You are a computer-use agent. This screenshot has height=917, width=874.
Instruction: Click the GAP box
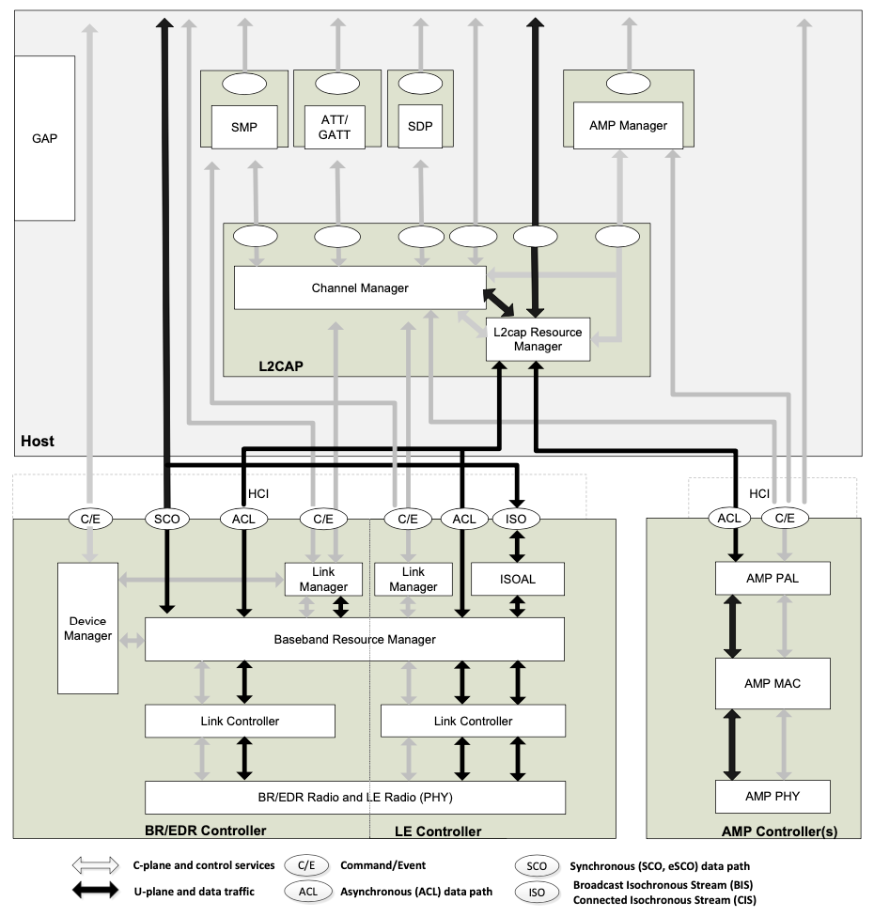tap(44, 138)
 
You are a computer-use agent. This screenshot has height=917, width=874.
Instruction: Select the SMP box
tap(243, 126)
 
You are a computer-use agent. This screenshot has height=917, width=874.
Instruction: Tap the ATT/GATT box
tap(335, 126)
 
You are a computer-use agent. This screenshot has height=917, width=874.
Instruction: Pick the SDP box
tap(420, 126)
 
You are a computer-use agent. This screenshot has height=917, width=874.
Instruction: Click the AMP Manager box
tap(628, 125)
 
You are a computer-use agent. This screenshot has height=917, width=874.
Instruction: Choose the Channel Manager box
tap(360, 288)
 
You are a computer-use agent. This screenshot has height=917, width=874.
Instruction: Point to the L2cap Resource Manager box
tap(538, 339)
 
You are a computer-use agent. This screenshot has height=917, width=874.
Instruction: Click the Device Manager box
tap(87, 628)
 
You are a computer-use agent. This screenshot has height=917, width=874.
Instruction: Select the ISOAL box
tap(517, 579)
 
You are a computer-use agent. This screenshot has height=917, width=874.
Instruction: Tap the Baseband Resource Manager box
tap(354, 639)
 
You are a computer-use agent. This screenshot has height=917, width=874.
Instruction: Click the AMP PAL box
tap(773, 578)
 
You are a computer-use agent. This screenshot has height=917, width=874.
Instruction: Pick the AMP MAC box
tap(773, 683)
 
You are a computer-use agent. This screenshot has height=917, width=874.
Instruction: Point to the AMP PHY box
tap(773, 796)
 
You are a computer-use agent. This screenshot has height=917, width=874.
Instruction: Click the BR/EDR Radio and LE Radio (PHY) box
tap(354, 797)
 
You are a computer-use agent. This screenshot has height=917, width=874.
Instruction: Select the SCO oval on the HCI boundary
tap(166, 519)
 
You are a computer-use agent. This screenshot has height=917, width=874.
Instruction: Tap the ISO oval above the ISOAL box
tap(517, 519)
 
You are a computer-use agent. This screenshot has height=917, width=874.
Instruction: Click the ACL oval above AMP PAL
tap(729, 518)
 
